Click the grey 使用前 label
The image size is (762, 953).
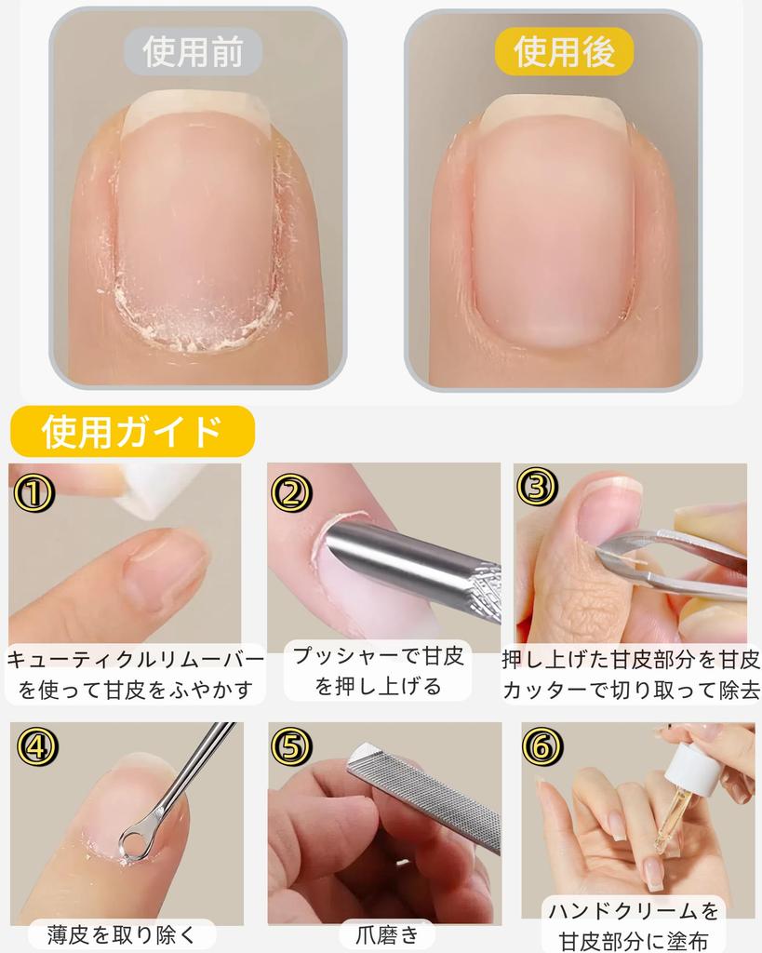point(194,53)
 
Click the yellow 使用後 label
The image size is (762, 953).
point(564,51)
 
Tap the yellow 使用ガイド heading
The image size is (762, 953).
point(131,431)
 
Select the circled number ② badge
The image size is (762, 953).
point(291,490)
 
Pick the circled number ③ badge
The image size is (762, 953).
point(540,485)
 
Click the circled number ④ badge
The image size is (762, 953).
point(35,747)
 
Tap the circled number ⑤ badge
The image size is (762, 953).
point(291,746)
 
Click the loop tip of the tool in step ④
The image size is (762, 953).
point(135,842)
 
